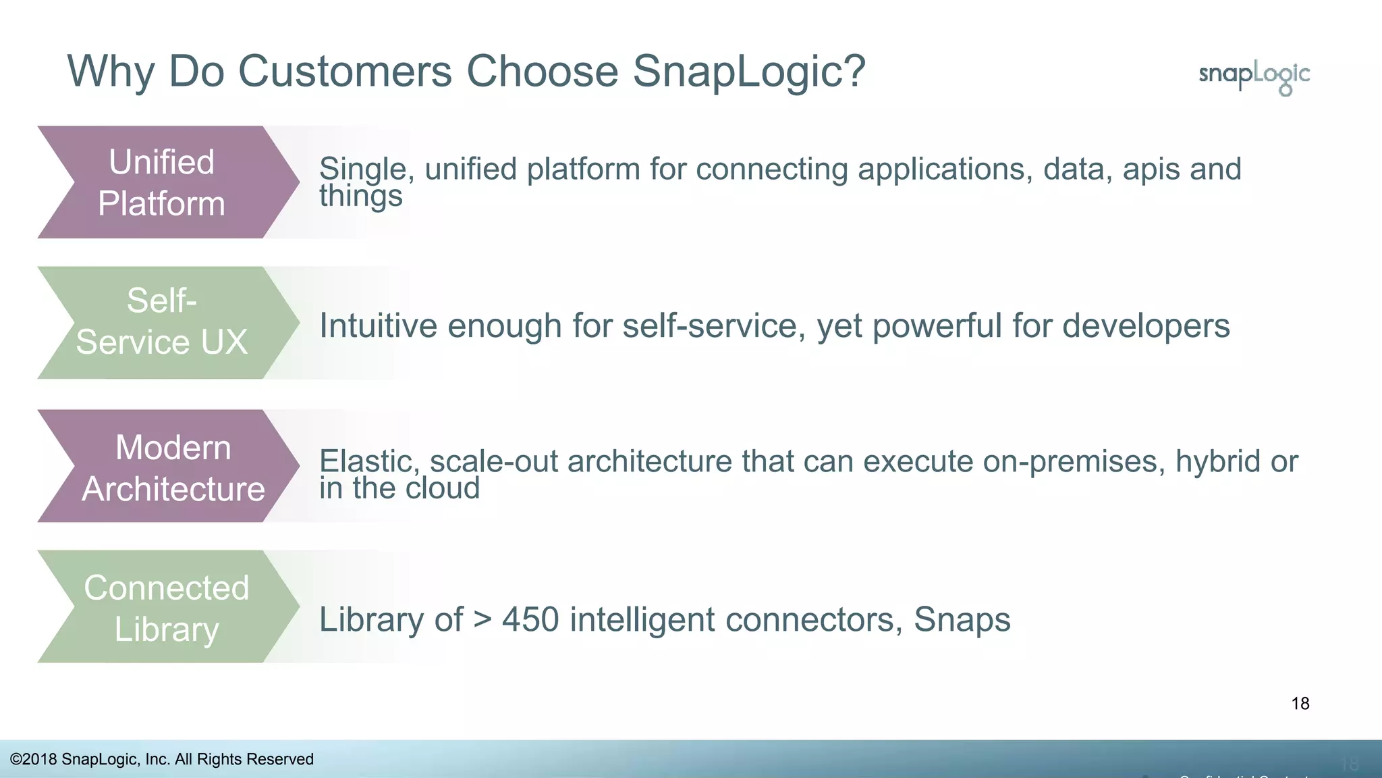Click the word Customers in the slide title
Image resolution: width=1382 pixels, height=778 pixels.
(345, 71)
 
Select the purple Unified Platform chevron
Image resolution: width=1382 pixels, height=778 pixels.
(162, 182)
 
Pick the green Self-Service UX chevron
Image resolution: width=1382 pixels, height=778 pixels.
(162, 322)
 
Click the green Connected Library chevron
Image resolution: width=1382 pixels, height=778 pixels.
(166, 607)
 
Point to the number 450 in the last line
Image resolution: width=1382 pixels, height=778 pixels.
(530, 620)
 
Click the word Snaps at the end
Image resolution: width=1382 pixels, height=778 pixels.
(962, 620)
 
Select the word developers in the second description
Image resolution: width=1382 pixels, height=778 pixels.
(1145, 326)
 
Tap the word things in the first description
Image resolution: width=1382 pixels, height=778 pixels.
(360, 197)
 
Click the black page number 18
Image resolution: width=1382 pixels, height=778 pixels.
(1300, 704)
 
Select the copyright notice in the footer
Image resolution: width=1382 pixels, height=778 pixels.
(162, 759)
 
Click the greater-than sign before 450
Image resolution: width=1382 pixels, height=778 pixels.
(482, 620)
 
